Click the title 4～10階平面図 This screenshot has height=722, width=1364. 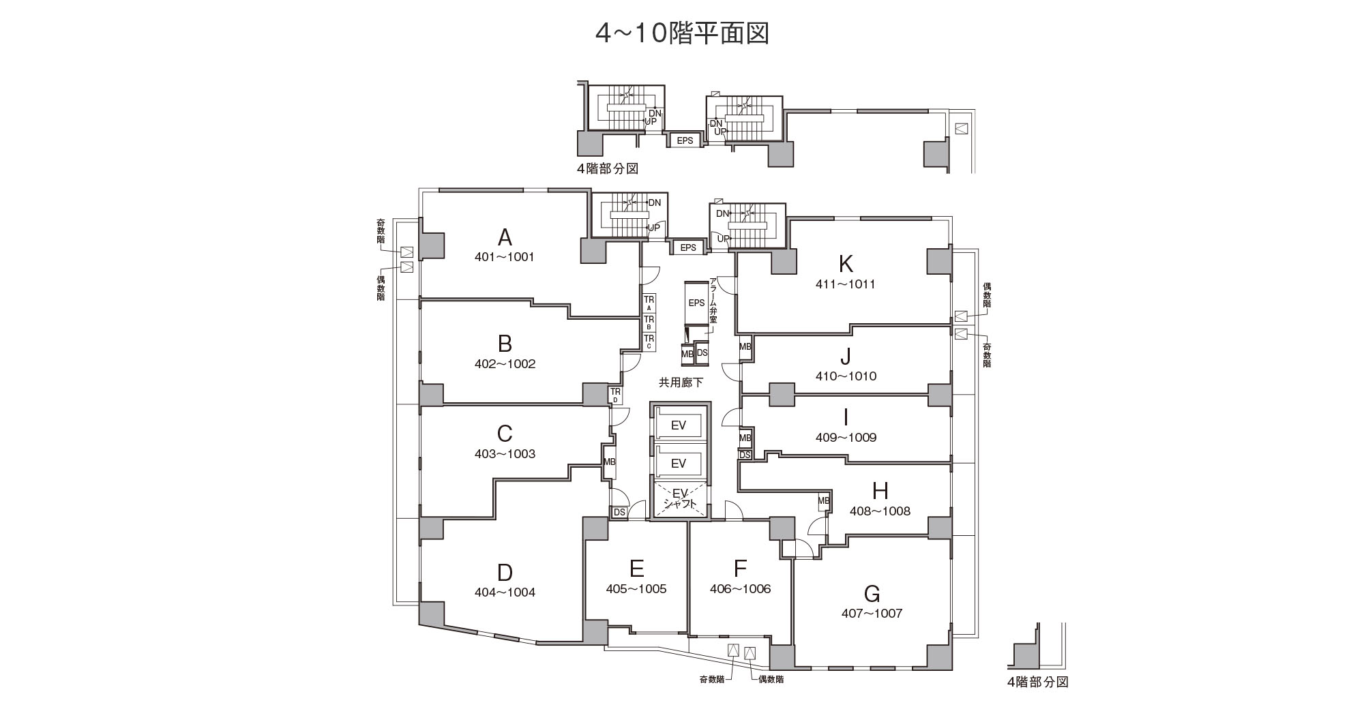682,33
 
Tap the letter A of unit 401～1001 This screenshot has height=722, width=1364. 505,237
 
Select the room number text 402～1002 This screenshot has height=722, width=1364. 505,364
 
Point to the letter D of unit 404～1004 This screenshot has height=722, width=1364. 505,573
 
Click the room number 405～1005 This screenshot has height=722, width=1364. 636,589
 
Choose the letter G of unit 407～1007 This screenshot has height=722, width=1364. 872,594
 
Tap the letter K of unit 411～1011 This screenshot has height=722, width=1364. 846,263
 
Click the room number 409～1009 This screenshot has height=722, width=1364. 846,438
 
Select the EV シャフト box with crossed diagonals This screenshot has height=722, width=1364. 679,499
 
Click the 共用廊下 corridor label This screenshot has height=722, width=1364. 681,383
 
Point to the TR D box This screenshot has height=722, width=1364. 615,395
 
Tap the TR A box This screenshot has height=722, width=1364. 649,303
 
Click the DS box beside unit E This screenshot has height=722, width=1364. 619,512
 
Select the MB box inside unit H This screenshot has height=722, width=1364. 824,502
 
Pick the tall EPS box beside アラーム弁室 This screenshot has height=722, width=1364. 696,303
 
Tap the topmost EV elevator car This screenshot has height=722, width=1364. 679,425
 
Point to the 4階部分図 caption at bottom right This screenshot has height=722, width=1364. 1037,682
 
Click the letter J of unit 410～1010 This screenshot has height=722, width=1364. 846,357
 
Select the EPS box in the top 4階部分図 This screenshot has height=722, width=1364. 685,140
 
